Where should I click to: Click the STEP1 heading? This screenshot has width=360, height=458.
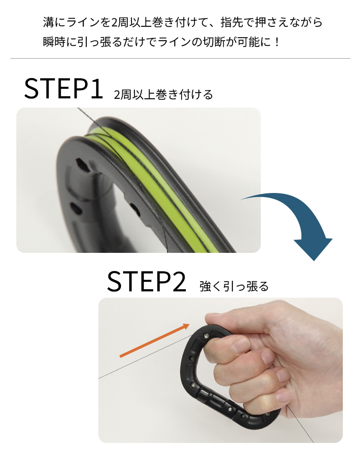point(63,88)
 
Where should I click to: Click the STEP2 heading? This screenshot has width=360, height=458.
point(146,281)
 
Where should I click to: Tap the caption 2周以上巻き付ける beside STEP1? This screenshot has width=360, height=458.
point(163,95)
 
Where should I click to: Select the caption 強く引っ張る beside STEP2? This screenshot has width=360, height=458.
point(234,286)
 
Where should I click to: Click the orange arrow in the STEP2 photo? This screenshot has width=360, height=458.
point(155,340)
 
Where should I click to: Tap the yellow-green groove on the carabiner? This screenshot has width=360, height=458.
point(164,181)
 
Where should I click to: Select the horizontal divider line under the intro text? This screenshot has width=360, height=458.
point(180,59)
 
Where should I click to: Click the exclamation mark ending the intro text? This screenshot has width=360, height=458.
point(277,42)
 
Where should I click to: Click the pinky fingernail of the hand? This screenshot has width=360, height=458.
point(283,396)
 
